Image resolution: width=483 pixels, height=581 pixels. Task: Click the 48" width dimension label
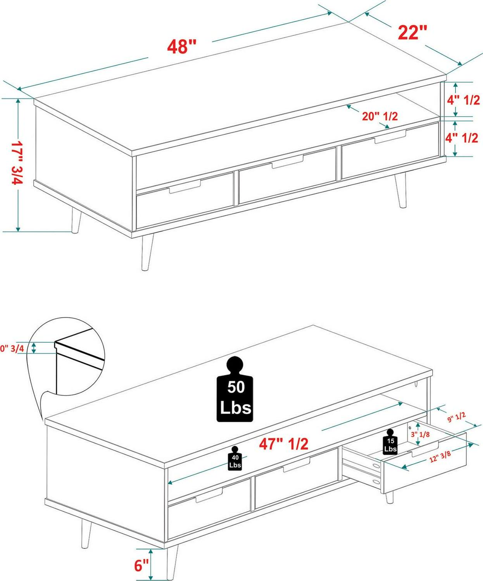(182, 46)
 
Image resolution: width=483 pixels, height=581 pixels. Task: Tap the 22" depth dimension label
(412, 32)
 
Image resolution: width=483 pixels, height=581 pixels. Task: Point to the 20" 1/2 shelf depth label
(380, 116)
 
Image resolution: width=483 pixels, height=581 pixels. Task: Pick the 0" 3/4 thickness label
(12, 349)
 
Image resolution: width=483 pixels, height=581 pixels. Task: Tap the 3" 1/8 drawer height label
(420, 435)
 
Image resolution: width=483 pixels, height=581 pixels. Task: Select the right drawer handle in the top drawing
(390, 136)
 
